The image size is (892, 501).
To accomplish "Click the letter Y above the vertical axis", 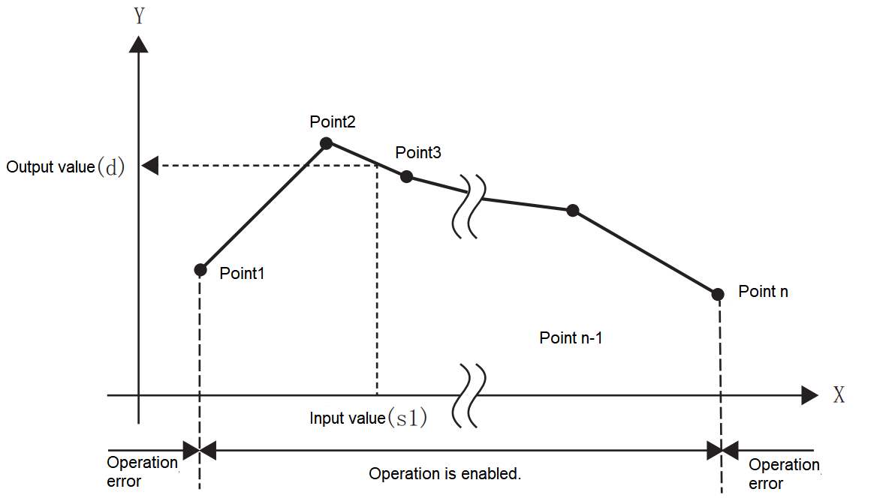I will tap(139, 16).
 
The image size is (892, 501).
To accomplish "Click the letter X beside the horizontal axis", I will tap(839, 395).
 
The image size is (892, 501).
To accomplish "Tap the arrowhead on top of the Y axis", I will tap(139, 43).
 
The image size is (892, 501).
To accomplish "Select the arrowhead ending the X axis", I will tap(809, 395).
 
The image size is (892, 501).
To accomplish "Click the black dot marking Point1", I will tap(200, 269).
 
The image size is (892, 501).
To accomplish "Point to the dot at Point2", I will tap(326, 142).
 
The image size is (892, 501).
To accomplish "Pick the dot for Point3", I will tap(406, 177).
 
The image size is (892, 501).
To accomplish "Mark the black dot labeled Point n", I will tap(718, 293).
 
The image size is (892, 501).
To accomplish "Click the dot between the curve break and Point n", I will tap(572, 211).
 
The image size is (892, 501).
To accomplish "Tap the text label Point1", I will tap(243, 274).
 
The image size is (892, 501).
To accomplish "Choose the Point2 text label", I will tap(332, 121).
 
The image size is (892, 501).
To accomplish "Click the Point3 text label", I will tap(418, 153).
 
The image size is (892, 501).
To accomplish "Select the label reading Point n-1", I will tap(571, 338).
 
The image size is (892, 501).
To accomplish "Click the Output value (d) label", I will tap(65, 166).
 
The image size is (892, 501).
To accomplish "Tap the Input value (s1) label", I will tap(368, 418).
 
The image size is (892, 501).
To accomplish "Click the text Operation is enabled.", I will tap(444, 474).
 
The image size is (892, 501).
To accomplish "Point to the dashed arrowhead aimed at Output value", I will tap(150, 166).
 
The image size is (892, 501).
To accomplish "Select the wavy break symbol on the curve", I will tap(466, 207).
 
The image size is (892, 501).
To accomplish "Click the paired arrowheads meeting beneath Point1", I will tap(200, 451).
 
